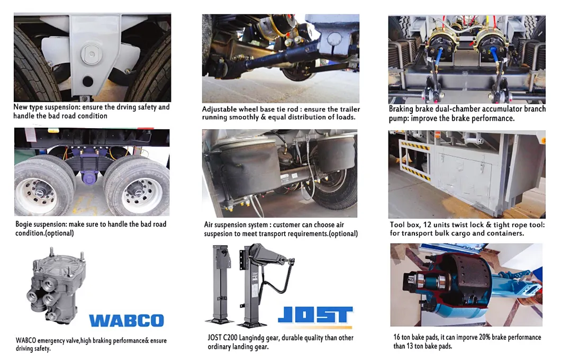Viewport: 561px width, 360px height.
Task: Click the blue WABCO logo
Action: pyautogui.click(x=126, y=320)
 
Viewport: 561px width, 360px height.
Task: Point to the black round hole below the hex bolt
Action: pyautogui.click(x=88, y=81)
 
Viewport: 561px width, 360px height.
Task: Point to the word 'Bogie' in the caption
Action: pyautogui.click(x=24, y=224)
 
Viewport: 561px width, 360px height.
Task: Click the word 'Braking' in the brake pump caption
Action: pyautogui.click(x=401, y=109)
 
